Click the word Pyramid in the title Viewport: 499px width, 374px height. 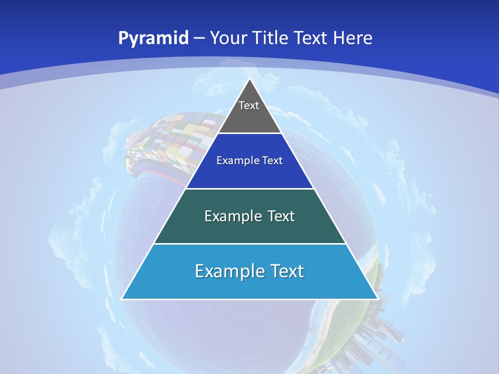tap(153, 38)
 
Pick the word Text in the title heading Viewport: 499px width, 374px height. tap(311, 38)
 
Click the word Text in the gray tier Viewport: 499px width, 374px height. tap(249, 105)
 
